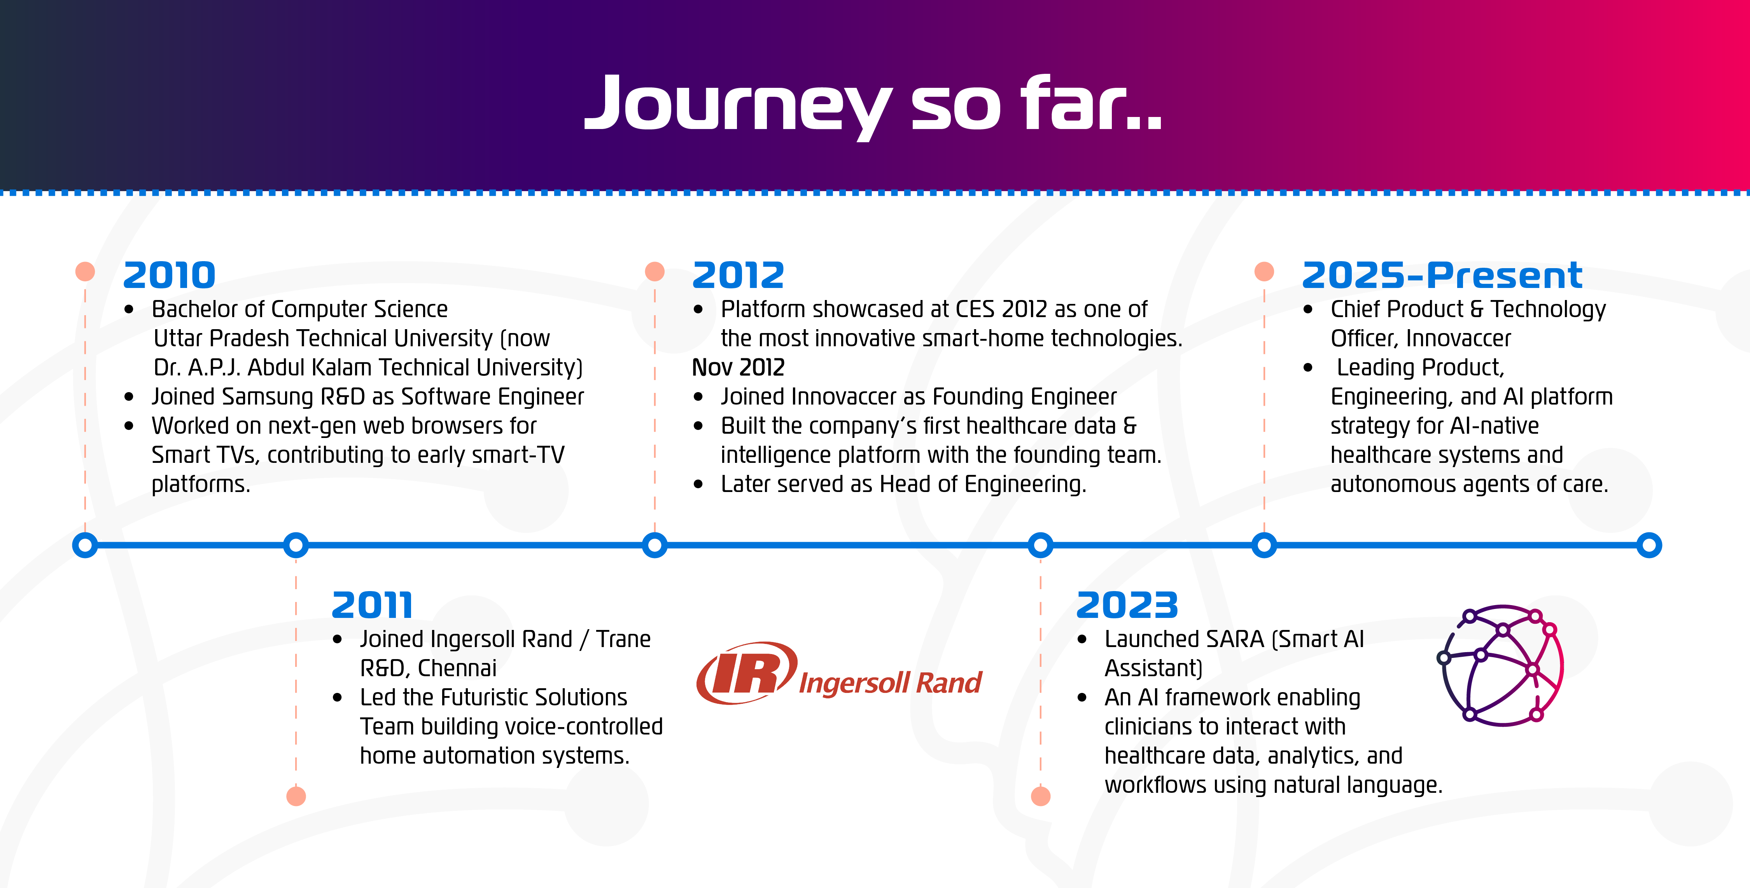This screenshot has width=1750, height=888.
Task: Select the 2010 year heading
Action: pos(169,276)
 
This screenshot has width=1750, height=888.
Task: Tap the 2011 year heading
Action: pos(372,605)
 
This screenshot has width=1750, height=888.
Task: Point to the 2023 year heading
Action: pos(1127,605)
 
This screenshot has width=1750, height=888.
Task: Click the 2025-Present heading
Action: pos(1442,276)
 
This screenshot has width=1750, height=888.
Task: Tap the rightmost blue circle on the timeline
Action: pos(1649,545)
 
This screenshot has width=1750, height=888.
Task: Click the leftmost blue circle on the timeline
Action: pos(85,545)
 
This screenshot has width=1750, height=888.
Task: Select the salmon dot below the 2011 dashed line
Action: pos(296,796)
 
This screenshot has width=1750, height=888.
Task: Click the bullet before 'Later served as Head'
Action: pos(698,485)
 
